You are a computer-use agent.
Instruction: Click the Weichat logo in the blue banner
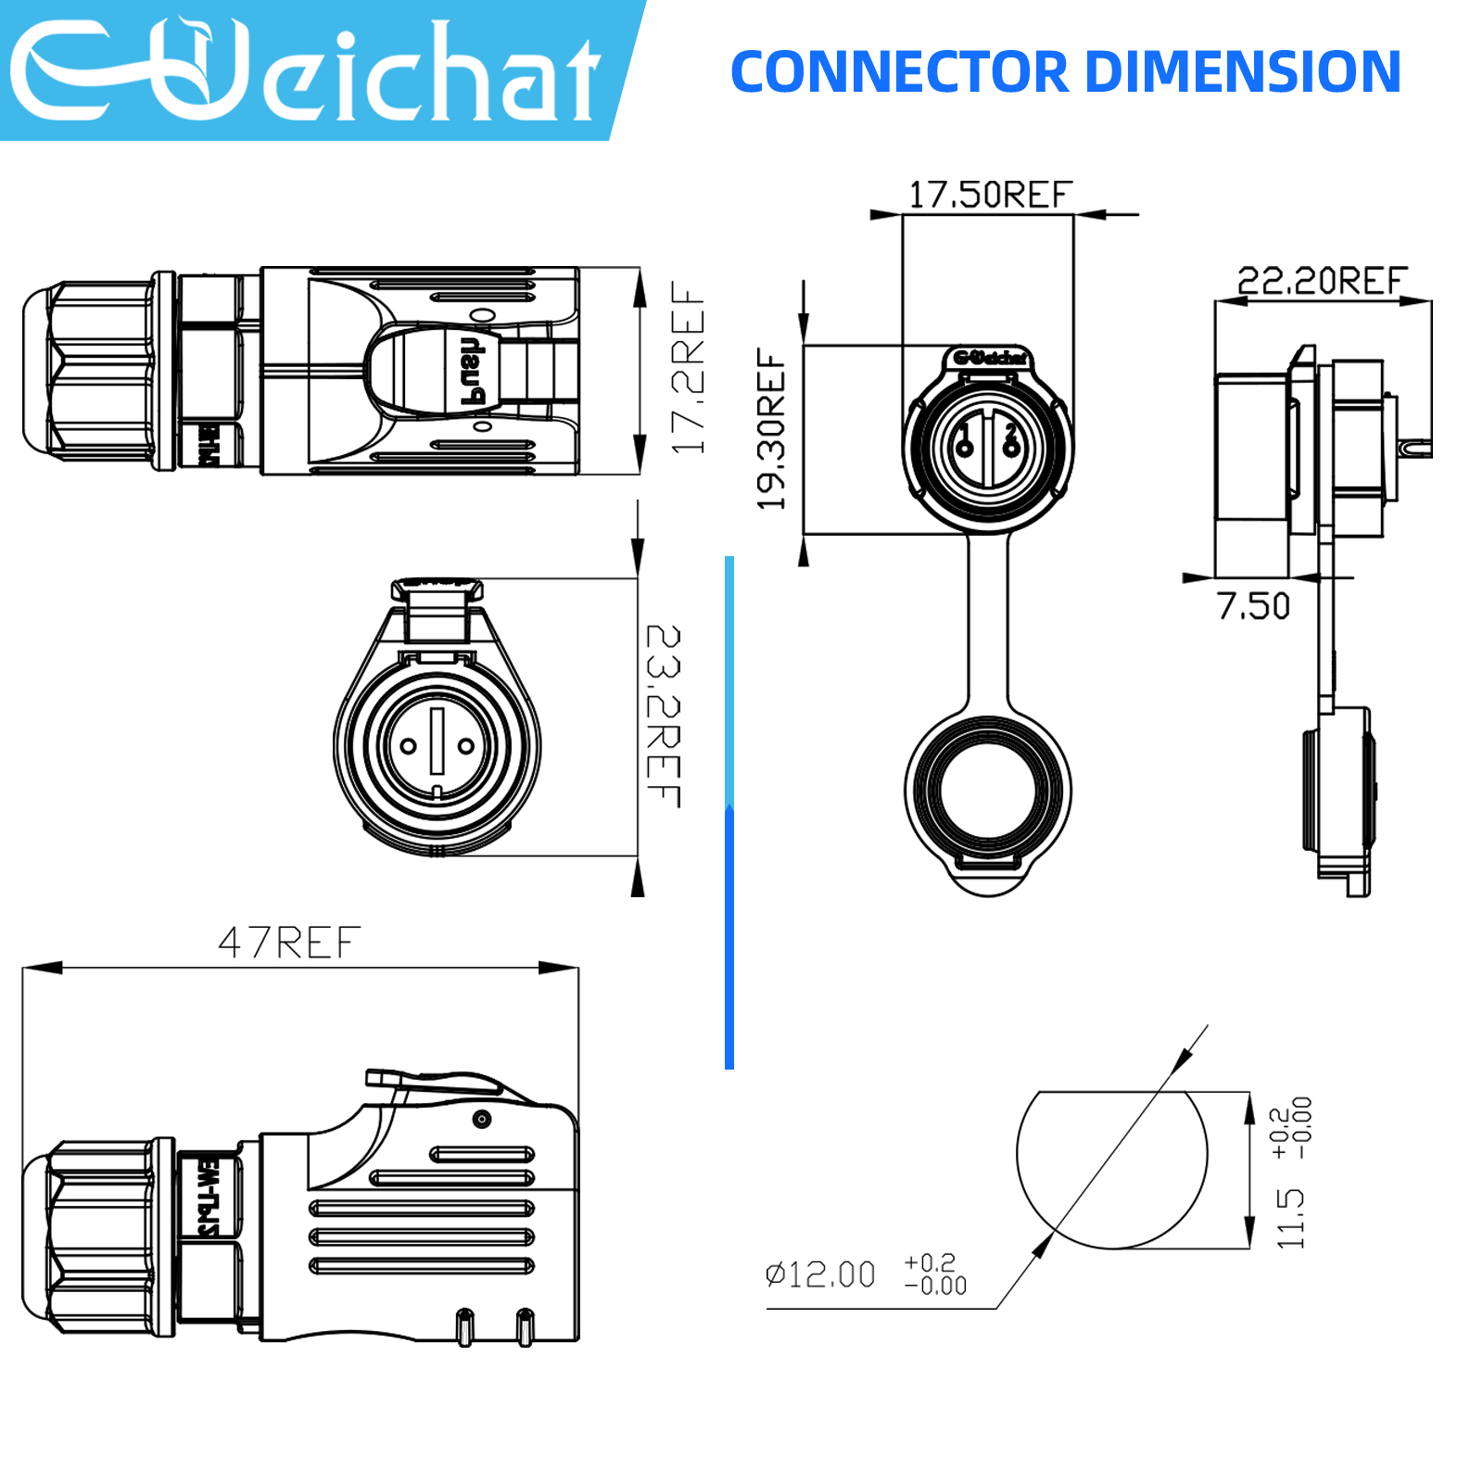pyautogui.click(x=306, y=70)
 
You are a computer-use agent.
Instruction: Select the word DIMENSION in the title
pyautogui.click(x=1242, y=72)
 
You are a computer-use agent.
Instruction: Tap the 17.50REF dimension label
pyautogui.click(x=989, y=195)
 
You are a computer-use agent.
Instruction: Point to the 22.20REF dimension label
pyautogui.click(x=1322, y=280)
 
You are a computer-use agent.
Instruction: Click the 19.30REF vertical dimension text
pyautogui.click(x=771, y=429)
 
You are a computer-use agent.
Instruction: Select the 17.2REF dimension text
pyautogui.click(x=688, y=368)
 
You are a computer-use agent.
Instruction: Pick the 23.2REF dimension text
pyautogui.click(x=664, y=716)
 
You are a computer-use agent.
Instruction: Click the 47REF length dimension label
pyautogui.click(x=289, y=943)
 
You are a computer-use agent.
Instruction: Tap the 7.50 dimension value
pyautogui.click(x=1253, y=606)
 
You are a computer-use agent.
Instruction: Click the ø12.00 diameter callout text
pyautogui.click(x=821, y=1274)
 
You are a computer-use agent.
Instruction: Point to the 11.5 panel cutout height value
pyautogui.click(x=1290, y=1218)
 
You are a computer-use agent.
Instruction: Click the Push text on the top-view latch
pyautogui.click(x=471, y=371)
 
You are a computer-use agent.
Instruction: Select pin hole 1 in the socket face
pyautogui.click(x=965, y=450)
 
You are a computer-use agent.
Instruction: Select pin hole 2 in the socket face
pyautogui.click(x=1011, y=450)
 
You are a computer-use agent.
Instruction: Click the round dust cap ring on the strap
pyautogui.click(x=988, y=792)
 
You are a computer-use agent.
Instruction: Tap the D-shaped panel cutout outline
pyautogui.click(x=1112, y=1170)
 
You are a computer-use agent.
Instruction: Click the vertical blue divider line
pyautogui.click(x=729, y=811)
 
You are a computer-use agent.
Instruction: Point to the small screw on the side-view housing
pyautogui.click(x=481, y=1119)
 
